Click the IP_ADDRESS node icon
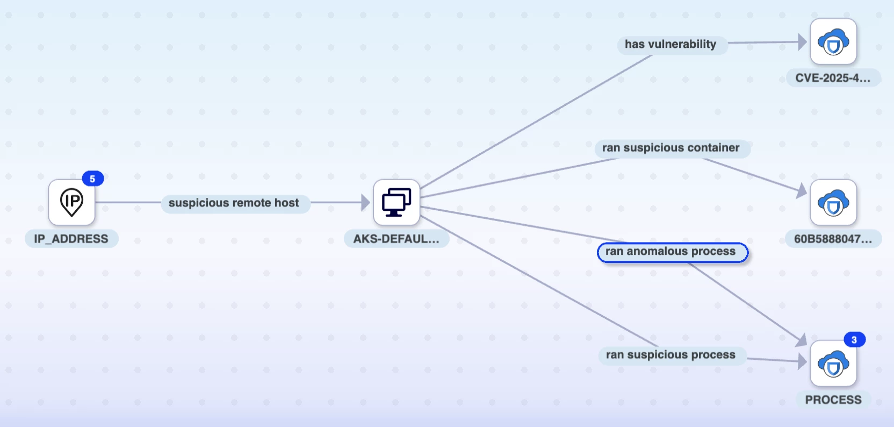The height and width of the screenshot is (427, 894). click(71, 202)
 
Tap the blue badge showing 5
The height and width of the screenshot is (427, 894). click(92, 179)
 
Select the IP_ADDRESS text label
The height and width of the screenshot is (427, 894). click(71, 238)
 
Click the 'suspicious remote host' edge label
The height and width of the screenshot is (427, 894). click(234, 203)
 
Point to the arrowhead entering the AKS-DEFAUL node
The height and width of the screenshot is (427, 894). click(365, 202)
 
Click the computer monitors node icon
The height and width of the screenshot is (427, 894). click(396, 202)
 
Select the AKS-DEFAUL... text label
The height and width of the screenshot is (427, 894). click(396, 238)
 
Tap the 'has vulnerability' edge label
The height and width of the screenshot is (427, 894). click(670, 44)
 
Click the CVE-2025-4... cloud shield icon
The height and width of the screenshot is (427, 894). click(833, 41)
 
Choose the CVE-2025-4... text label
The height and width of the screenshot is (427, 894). click(833, 77)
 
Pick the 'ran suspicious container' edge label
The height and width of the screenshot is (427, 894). click(671, 148)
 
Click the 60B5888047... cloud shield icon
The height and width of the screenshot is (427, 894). click(833, 202)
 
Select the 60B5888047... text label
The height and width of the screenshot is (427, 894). click(833, 238)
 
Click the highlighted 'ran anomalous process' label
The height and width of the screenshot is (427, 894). click(673, 252)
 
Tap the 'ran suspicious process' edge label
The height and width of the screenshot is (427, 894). click(671, 355)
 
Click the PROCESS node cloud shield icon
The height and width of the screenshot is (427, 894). click(833, 364)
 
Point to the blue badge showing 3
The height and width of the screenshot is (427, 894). click(854, 339)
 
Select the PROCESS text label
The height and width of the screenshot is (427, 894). click(833, 400)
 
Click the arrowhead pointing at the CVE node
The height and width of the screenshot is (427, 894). click(802, 41)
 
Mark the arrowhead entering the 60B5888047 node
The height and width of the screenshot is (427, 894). click(802, 190)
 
